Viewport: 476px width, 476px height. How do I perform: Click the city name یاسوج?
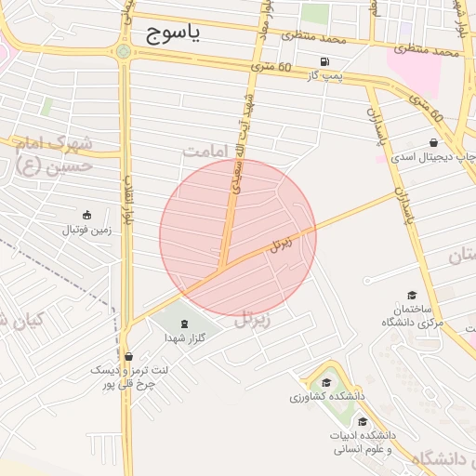coord(173,34)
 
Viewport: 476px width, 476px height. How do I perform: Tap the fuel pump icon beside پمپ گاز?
coord(324,62)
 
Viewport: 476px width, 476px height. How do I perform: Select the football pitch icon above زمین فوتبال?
coord(86,216)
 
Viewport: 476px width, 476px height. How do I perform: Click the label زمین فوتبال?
coord(86,230)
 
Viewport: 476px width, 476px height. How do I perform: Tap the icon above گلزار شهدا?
coord(183,324)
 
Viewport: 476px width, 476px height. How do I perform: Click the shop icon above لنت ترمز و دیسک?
coord(128,355)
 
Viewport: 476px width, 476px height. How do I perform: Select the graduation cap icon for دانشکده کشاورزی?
coord(326,383)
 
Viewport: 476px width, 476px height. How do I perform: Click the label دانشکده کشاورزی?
coord(326,397)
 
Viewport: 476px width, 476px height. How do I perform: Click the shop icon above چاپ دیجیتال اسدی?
coord(433,142)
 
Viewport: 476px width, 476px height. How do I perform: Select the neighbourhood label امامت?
coord(205,151)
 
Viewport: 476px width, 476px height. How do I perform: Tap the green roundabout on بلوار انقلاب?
coord(124,51)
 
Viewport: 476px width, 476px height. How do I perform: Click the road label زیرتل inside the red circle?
coord(281,245)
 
